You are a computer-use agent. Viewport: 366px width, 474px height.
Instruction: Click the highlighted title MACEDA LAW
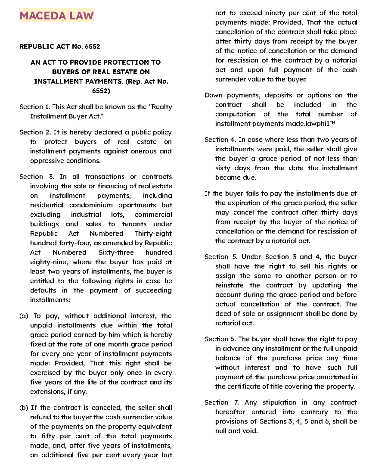click(56, 16)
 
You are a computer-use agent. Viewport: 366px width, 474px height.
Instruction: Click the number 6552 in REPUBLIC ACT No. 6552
click(92, 46)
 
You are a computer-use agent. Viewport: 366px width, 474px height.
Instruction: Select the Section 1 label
click(34, 107)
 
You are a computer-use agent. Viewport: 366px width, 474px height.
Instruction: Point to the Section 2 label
click(35, 132)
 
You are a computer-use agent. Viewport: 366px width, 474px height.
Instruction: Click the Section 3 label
click(37, 177)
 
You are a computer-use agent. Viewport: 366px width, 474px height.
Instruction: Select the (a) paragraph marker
click(24, 316)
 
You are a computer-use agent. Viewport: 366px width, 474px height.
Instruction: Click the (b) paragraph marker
click(24, 408)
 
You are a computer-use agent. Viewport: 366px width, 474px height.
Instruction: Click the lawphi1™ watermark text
click(320, 124)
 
